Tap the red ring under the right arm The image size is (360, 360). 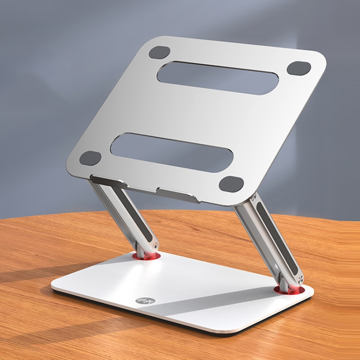point(290,290)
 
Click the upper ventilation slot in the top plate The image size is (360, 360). point(218,78)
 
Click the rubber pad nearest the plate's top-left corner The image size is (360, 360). point(159,52)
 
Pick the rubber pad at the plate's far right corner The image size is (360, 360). point(299,68)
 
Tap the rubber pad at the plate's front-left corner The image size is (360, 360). point(90,157)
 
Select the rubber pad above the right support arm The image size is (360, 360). point(231,183)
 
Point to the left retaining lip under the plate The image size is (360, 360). point(108,181)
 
